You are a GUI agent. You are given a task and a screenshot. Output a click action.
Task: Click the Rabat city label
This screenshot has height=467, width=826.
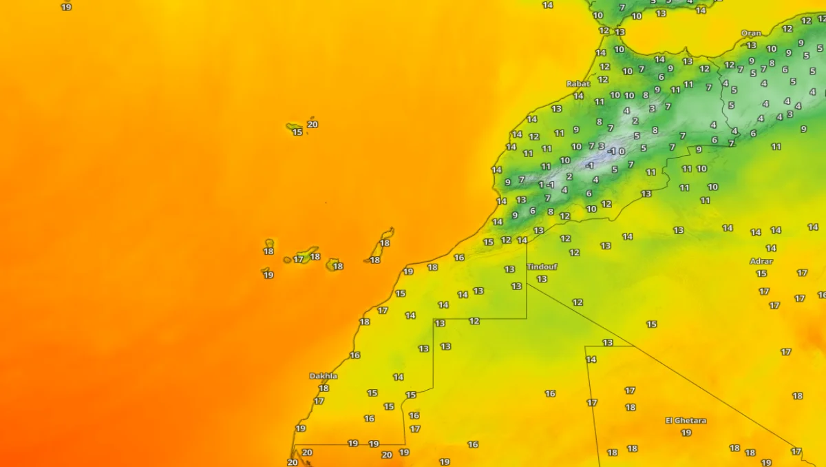[x=578, y=84]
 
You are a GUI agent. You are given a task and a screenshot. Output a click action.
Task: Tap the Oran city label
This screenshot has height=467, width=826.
[x=751, y=33]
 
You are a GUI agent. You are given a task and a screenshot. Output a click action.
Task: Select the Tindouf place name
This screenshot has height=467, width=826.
[x=542, y=267]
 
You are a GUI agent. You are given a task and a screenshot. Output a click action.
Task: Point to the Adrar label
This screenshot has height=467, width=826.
[x=761, y=261]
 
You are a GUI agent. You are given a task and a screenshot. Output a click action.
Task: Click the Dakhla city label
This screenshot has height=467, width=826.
[x=324, y=376]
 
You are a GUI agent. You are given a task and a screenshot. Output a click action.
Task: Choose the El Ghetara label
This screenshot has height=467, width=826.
[x=686, y=420]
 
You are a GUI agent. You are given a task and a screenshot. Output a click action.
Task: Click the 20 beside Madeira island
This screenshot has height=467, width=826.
[x=313, y=125]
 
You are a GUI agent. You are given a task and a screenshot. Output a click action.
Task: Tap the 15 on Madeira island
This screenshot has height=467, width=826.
[x=297, y=132]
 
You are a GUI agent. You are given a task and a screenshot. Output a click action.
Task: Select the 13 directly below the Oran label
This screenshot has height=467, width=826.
[x=752, y=45]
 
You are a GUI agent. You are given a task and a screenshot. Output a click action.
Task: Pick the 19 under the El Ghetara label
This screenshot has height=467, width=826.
[x=686, y=433]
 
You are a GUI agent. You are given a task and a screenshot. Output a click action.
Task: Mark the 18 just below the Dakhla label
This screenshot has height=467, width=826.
[x=324, y=388]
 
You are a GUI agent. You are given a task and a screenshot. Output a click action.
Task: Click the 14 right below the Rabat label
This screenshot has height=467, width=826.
[x=579, y=96]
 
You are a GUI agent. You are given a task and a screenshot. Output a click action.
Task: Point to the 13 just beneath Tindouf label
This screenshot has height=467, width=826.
[x=542, y=279]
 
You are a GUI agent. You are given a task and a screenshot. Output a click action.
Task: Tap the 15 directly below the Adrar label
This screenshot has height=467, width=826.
[x=761, y=273]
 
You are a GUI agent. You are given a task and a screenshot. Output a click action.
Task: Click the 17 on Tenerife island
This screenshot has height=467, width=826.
[x=298, y=260]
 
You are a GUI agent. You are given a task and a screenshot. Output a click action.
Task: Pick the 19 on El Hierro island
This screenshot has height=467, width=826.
[x=268, y=275]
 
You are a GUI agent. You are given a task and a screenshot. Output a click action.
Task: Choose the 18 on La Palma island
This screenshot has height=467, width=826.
[x=268, y=251]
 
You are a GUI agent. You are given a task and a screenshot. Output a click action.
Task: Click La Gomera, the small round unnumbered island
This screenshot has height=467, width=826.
[x=287, y=260]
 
